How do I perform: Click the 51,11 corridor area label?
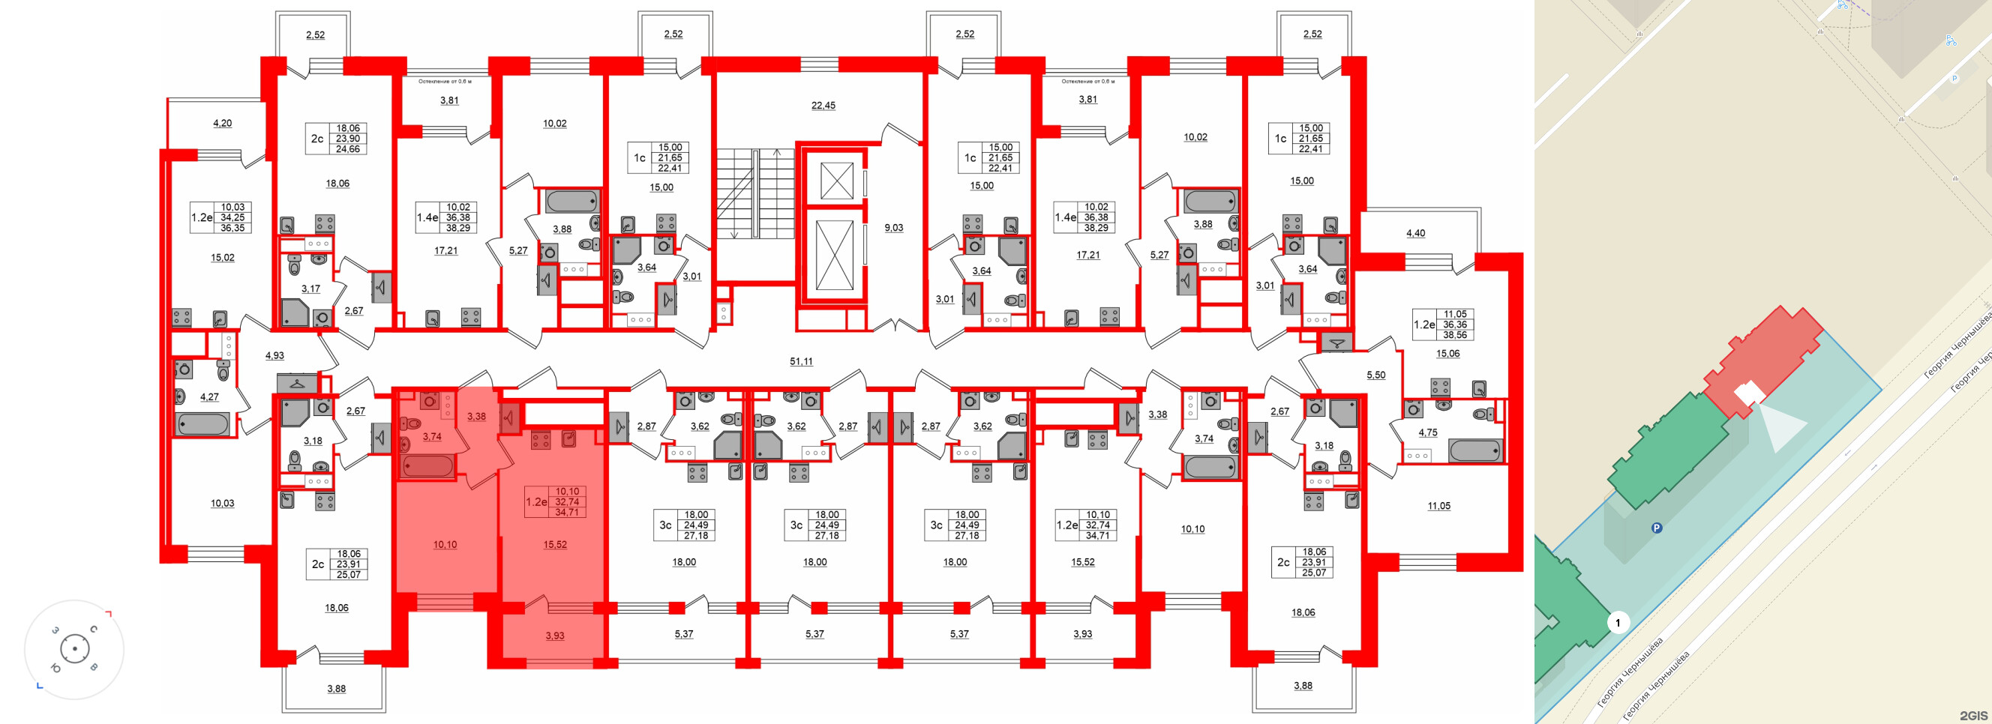(801, 361)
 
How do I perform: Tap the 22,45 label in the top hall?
(823, 105)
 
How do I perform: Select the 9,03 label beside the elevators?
(893, 227)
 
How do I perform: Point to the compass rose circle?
(74, 649)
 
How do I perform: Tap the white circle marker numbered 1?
(1617, 622)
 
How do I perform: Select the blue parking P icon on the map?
(1657, 528)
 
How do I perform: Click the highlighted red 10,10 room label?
(445, 544)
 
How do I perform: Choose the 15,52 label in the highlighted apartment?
(554, 544)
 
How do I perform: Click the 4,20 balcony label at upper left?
(222, 123)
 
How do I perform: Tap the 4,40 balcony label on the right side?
(1415, 232)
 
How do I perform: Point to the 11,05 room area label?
(1438, 505)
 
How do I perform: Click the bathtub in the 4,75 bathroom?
(1475, 450)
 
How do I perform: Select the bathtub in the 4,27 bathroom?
(202, 424)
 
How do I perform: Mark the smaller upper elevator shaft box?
(836, 181)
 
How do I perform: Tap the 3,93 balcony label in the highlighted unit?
(554, 635)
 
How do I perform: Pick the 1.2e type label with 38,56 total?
(1423, 325)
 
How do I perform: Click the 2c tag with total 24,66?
(317, 139)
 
